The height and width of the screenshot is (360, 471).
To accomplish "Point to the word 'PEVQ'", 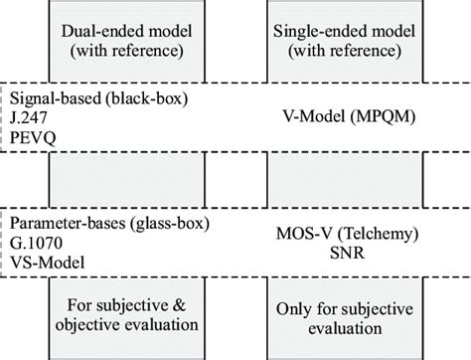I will pyautogui.click(x=31, y=135).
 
